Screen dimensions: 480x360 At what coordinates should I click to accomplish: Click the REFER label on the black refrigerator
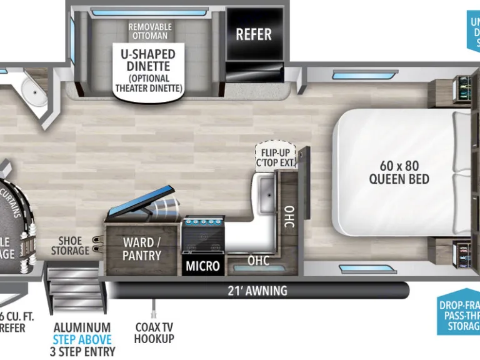click(x=254, y=34)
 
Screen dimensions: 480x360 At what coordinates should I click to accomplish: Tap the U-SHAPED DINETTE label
click(x=147, y=61)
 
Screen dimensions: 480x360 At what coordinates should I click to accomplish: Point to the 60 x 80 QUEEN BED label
click(x=399, y=172)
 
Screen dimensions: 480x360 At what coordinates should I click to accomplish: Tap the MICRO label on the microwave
click(x=203, y=266)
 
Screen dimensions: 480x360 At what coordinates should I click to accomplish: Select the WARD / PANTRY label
click(x=142, y=249)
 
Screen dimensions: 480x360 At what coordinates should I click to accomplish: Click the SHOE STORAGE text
click(x=74, y=245)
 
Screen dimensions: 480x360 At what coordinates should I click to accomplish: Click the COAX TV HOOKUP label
click(x=154, y=332)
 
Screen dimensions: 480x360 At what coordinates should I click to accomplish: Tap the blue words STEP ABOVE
click(x=82, y=339)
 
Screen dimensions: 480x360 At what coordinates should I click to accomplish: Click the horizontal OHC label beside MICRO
click(x=257, y=260)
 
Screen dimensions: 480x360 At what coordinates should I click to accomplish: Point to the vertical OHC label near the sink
click(x=289, y=216)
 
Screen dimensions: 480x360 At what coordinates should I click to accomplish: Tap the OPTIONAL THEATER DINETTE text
click(x=147, y=83)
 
